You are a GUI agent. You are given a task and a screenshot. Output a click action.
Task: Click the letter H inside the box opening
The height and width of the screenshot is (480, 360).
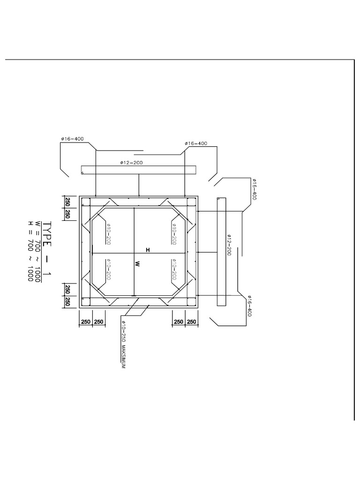click(x=148, y=250)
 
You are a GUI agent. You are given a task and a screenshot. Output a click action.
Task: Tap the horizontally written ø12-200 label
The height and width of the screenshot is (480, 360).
click(x=131, y=163)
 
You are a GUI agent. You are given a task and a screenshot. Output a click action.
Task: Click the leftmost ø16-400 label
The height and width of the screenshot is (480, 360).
click(x=72, y=139)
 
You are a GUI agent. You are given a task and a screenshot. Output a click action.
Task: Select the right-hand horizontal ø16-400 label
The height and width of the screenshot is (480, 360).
click(x=196, y=143)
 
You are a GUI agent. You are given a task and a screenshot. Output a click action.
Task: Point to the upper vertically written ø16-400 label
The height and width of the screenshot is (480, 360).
click(x=255, y=189)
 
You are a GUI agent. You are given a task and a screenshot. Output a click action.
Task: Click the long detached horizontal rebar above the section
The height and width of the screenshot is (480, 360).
click(x=139, y=170)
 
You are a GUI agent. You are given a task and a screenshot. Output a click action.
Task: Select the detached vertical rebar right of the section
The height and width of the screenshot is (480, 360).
click(x=222, y=252)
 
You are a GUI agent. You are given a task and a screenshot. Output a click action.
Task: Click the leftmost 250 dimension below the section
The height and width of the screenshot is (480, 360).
click(x=86, y=322)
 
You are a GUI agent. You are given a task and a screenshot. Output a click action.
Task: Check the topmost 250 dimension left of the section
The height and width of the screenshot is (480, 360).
click(x=67, y=202)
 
